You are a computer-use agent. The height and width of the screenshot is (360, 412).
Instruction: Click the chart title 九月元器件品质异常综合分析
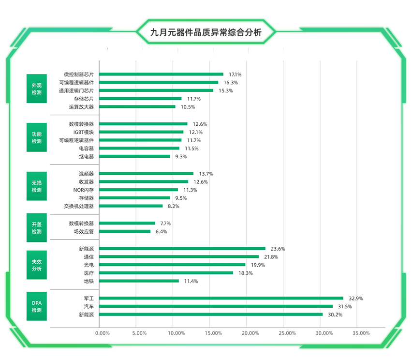point(206,33)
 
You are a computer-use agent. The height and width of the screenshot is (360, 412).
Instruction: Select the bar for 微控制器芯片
point(161,74)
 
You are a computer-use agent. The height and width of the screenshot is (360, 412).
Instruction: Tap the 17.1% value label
point(235,75)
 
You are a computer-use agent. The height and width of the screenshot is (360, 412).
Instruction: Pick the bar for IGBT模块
point(141,132)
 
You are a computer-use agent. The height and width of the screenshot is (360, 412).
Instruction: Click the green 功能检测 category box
point(37,137)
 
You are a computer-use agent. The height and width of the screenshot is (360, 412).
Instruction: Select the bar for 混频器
point(146,173)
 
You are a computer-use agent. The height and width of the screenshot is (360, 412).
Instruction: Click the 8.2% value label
point(174,206)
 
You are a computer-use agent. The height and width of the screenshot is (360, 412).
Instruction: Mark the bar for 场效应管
point(125,231)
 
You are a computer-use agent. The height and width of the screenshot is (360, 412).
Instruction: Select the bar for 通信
point(179,256)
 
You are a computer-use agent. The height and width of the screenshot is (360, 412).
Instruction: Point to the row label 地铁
point(88,281)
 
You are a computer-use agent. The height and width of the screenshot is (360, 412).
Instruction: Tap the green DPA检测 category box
point(37,306)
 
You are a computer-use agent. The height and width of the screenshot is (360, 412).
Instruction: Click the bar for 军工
point(221,298)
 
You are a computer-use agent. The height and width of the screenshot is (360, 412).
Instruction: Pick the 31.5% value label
point(345,306)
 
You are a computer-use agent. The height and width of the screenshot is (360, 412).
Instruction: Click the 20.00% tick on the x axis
point(250,333)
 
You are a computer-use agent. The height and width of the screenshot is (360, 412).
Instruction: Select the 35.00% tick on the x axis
point(361,333)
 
